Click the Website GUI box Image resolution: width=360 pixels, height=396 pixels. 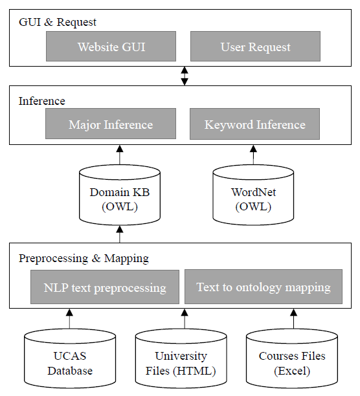click(x=111, y=46)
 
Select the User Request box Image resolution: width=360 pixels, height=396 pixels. click(x=255, y=46)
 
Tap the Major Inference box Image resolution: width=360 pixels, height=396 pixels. click(x=111, y=124)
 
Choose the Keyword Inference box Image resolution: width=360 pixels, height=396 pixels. click(x=254, y=124)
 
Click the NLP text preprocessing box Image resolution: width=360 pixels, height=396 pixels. click(x=105, y=287)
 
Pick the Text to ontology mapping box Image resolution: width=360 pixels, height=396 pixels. click(x=264, y=287)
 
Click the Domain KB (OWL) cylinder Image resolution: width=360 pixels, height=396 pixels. click(x=120, y=195)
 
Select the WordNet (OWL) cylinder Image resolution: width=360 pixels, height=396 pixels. click(x=253, y=195)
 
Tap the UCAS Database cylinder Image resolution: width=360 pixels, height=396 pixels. click(x=70, y=358)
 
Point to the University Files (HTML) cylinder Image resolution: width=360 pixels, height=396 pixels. click(x=181, y=358)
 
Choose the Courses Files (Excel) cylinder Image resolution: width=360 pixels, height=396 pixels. click(x=292, y=358)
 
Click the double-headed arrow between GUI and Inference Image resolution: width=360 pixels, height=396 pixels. click(x=185, y=76)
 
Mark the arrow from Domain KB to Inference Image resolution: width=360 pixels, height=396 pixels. click(x=120, y=155)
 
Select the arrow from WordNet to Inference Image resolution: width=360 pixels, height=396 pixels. click(x=253, y=155)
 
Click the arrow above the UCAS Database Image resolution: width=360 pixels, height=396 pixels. click(x=69, y=319)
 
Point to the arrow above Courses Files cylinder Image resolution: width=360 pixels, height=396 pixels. click(x=293, y=319)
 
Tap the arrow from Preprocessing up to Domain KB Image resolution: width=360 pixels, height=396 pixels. click(x=120, y=234)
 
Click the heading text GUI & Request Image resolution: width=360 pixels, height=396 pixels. click(x=58, y=22)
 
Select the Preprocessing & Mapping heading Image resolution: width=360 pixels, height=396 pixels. click(x=84, y=258)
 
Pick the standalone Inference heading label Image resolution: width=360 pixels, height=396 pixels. click(x=42, y=101)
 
